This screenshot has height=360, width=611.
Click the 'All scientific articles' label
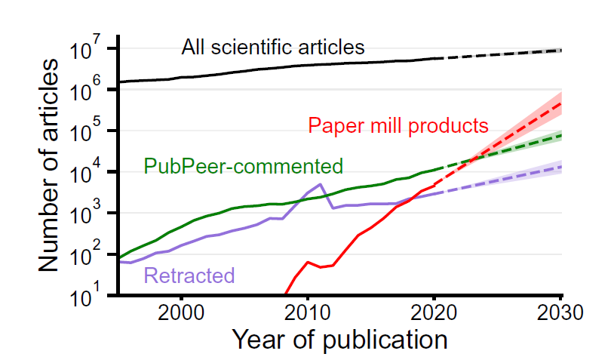click(x=273, y=48)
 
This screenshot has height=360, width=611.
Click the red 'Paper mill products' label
click(x=398, y=125)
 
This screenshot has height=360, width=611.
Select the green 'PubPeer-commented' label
click(x=243, y=166)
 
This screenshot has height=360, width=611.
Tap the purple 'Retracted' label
click(x=189, y=275)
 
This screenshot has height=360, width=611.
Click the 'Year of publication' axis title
click(x=339, y=340)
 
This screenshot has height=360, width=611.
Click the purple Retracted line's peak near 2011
click(x=321, y=184)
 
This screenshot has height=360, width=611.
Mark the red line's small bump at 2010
click(x=308, y=262)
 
